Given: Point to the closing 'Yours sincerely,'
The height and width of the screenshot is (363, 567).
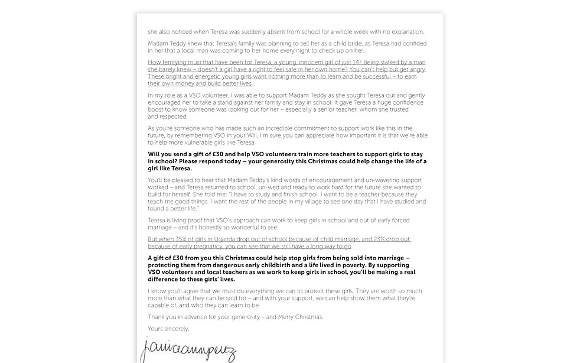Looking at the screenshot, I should coord(168,329).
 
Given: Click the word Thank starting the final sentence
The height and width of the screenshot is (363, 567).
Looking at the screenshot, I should coord(157,317).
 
